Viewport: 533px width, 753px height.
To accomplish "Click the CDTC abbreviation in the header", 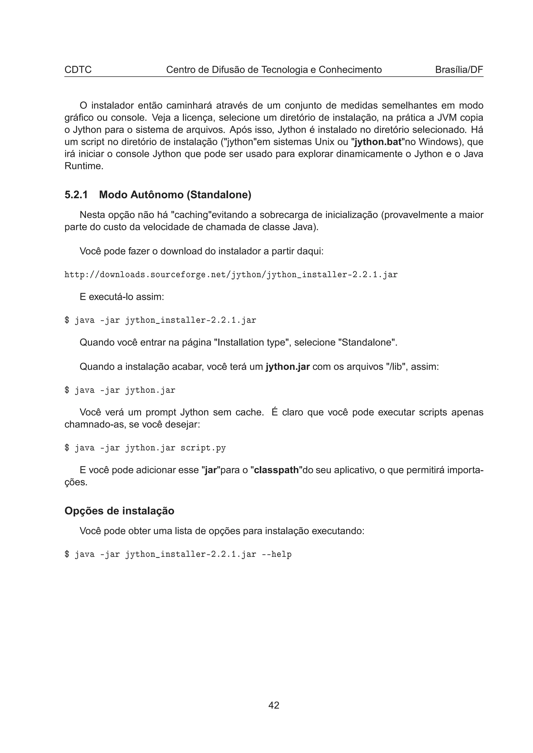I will [x=78, y=70].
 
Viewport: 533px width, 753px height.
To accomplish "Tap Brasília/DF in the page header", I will [x=459, y=70].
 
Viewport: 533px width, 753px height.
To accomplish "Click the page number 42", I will [x=274, y=705].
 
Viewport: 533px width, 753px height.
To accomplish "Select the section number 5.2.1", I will [x=76, y=195].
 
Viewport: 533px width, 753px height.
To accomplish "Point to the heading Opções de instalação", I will [x=119, y=511].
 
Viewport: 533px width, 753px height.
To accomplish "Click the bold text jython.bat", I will [x=378, y=142].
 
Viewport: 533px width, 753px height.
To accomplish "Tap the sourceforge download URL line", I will [x=231, y=274].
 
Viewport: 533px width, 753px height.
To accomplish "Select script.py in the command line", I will [x=203, y=448].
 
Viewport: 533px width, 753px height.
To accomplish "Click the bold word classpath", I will [x=276, y=470].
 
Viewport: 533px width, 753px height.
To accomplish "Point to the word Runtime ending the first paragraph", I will [x=84, y=166].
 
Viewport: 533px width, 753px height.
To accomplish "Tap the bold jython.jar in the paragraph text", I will [x=288, y=366].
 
